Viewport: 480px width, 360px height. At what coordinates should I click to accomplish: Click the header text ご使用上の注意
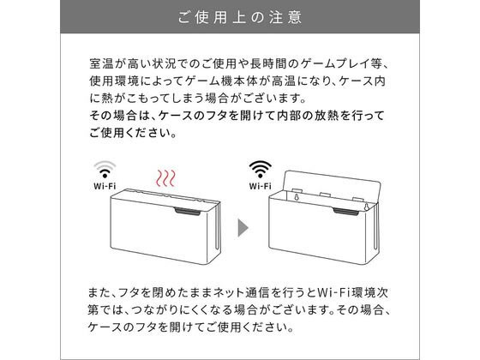(239, 17)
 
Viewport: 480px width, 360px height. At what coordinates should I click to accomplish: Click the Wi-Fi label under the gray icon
(104, 184)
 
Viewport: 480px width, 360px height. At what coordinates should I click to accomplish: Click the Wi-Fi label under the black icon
(260, 184)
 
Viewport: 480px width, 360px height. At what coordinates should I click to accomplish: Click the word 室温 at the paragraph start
(99, 64)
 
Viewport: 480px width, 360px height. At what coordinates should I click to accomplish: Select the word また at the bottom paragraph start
(99, 291)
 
